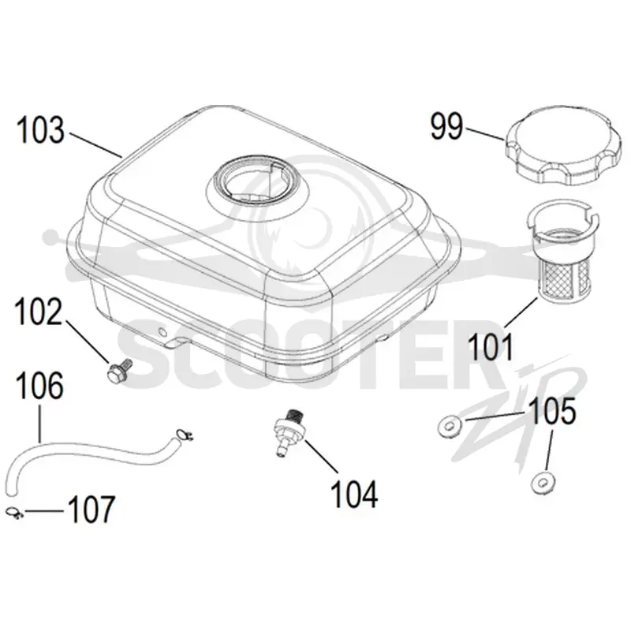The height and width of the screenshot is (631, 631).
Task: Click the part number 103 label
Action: (40, 130)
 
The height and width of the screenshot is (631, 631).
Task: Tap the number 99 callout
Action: (446, 126)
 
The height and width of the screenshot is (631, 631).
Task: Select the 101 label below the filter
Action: (491, 347)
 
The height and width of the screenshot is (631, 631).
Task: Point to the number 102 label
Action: (39, 312)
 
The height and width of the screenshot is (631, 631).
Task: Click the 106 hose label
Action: (39, 385)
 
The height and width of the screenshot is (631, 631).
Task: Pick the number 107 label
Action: (91, 509)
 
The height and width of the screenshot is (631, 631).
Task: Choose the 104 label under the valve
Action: (354, 495)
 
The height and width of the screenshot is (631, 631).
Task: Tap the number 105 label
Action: (552, 411)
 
